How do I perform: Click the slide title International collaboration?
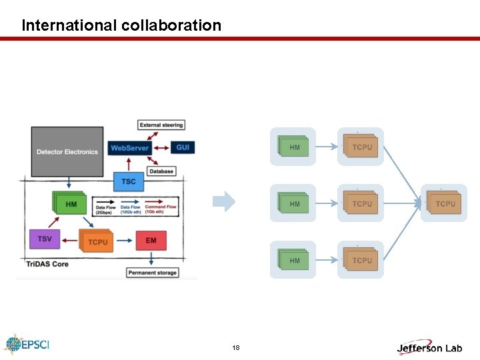[x=121, y=25]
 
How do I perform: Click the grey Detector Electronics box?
[x=67, y=151]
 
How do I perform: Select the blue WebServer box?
[x=129, y=147]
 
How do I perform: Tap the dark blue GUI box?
[x=182, y=147]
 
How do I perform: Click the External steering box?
[x=161, y=125]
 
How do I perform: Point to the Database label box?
[x=161, y=171]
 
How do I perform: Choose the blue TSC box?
[x=129, y=181]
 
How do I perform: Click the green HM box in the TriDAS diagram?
[x=70, y=204]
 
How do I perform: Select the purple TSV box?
[x=45, y=239]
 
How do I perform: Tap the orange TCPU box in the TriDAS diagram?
[x=97, y=241]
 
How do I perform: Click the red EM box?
[x=151, y=240]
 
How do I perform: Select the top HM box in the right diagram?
[x=293, y=147]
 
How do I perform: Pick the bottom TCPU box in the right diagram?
[x=361, y=260]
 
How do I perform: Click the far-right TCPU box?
[x=445, y=203]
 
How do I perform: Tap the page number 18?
[x=236, y=348]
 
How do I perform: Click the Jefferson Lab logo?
[x=429, y=347]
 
